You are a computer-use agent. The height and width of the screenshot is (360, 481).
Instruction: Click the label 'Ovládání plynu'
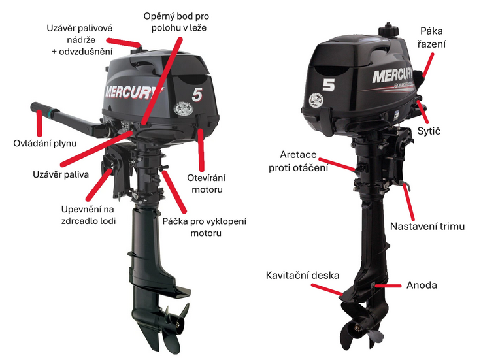click(45, 143)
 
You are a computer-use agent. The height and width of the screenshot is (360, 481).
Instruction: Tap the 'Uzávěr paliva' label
click(61, 175)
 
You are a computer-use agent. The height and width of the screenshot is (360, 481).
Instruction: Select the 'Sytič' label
click(429, 131)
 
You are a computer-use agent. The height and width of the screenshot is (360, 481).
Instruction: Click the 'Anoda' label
click(422, 285)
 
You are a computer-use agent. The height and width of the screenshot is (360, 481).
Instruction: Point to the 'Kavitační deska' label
click(303, 275)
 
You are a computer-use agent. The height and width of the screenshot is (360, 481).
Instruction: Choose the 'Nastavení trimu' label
click(427, 227)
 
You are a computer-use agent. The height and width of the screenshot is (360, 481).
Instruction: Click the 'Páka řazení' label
click(431, 37)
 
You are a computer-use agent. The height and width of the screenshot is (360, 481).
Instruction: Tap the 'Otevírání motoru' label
click(207, 184)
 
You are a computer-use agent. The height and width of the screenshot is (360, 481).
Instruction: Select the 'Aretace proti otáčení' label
click(298, 161)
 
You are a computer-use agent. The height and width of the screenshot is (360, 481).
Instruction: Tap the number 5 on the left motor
click(197, 95)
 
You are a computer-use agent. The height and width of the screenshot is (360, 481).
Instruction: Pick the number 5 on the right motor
click(329, 85)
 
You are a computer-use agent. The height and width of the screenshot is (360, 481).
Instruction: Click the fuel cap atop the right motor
click(388, 30)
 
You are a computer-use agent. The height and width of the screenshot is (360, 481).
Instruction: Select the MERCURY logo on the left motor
click(134, 92)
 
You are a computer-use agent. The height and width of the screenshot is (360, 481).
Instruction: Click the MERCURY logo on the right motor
click(393, 76)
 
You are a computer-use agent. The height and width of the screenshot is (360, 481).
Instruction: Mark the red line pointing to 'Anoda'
click(388, 286)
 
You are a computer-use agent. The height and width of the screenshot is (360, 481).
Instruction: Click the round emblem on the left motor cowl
click(183, 109)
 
